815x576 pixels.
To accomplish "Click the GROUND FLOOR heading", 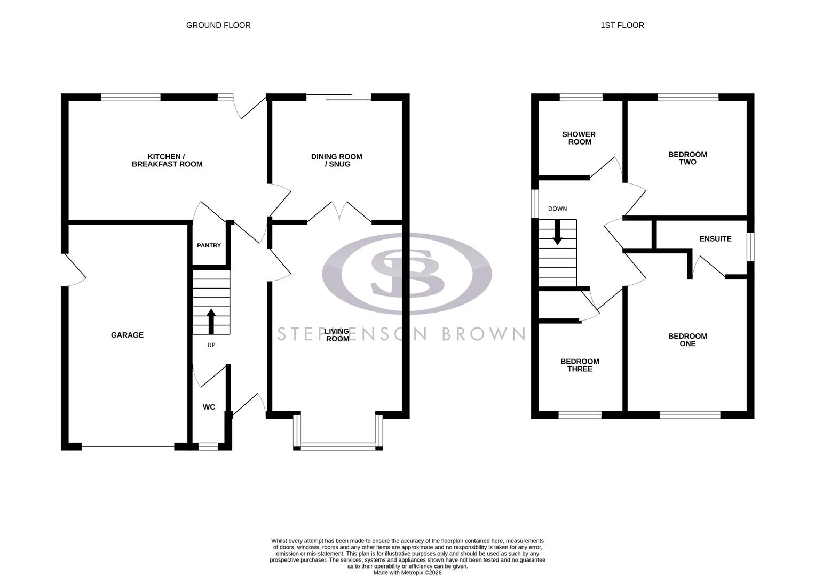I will [x=218, y=25].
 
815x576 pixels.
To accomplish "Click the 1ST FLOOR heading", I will [x=622, y=25].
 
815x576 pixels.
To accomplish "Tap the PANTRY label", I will [x=209, y=245].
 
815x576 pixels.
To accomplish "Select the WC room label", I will [x=209, y=407].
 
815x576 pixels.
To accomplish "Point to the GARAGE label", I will [x=127, y=335].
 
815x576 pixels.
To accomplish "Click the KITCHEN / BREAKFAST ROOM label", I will [x=167, y=161].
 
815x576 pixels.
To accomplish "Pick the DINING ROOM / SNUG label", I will [x=336, y=161].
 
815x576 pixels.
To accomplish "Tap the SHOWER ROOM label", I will [x=579, y=138].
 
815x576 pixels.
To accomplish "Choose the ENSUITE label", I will [x=715, y=239].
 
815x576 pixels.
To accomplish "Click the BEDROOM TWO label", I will [x=687, y=158].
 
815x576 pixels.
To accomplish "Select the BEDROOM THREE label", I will [x=580, y=365].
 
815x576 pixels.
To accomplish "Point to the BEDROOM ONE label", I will [x=687, y=340].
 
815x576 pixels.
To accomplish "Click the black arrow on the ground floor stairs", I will [x=211, y=321].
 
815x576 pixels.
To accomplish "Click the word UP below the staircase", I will [x=211, y=345].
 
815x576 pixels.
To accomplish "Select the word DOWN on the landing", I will [x=557, y=209].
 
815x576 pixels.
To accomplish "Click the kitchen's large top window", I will [x=131, y=97].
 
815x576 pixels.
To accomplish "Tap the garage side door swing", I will [x=75, y=270].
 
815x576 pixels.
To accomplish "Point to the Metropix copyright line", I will [x=407, y=573].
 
